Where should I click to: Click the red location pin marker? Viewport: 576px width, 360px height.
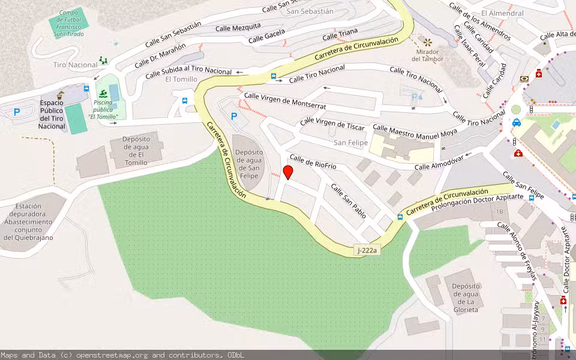[x=288, y=173]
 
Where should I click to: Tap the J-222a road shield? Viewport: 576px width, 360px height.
[x=366, y=250]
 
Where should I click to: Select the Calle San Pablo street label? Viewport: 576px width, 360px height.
[x=349, y=200]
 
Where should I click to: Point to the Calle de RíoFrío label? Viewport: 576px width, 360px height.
[x=313, y=162]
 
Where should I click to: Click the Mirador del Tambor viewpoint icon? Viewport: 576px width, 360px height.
[x=428, y=42]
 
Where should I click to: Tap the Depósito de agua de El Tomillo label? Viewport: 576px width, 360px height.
[x=136, y=151]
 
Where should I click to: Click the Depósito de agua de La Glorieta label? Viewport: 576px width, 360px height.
[x=466, y=294]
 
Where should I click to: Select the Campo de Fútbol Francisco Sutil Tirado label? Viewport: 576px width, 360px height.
[x=69, y=23]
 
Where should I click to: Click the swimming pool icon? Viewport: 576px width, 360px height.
[x=103, y=94]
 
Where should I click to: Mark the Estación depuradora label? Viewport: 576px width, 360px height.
[x=29, y=222]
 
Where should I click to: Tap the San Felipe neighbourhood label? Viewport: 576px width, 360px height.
[x=351, y=143]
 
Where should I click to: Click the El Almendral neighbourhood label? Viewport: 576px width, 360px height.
[x=502, y=13]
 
